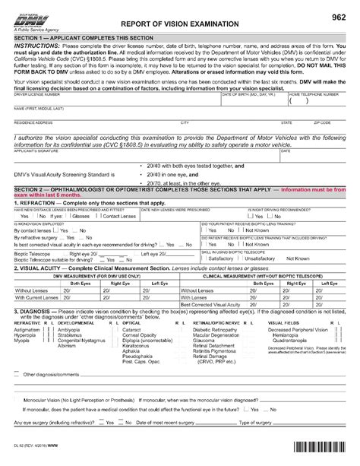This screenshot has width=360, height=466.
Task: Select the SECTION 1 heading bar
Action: point(180,38)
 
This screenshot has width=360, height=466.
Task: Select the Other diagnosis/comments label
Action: point(52,395)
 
